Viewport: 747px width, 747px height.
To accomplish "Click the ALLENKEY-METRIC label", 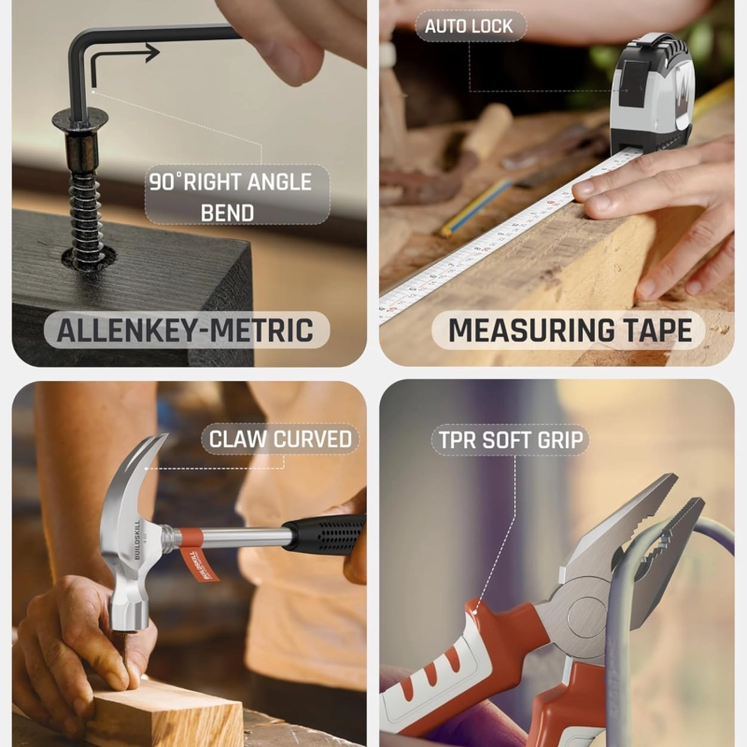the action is [186, 330].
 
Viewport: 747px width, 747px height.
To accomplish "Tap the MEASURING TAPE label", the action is [569, 331].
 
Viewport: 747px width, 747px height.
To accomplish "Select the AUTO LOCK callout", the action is [470, 26].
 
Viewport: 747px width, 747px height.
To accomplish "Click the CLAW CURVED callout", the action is [280, 439].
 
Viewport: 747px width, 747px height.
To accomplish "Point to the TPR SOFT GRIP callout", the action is [511, 440].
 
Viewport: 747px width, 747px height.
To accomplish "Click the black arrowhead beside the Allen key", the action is [152, 52].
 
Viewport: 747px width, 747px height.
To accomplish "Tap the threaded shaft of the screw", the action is [86, 209].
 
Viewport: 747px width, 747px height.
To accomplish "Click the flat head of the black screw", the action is [80, 121].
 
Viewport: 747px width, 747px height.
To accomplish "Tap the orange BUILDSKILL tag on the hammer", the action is [198, 565].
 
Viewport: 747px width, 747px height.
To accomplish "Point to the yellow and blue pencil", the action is [474, 208].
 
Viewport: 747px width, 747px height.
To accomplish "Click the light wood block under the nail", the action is [164, 712].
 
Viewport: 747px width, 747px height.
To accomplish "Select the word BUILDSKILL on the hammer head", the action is [137, 540].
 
